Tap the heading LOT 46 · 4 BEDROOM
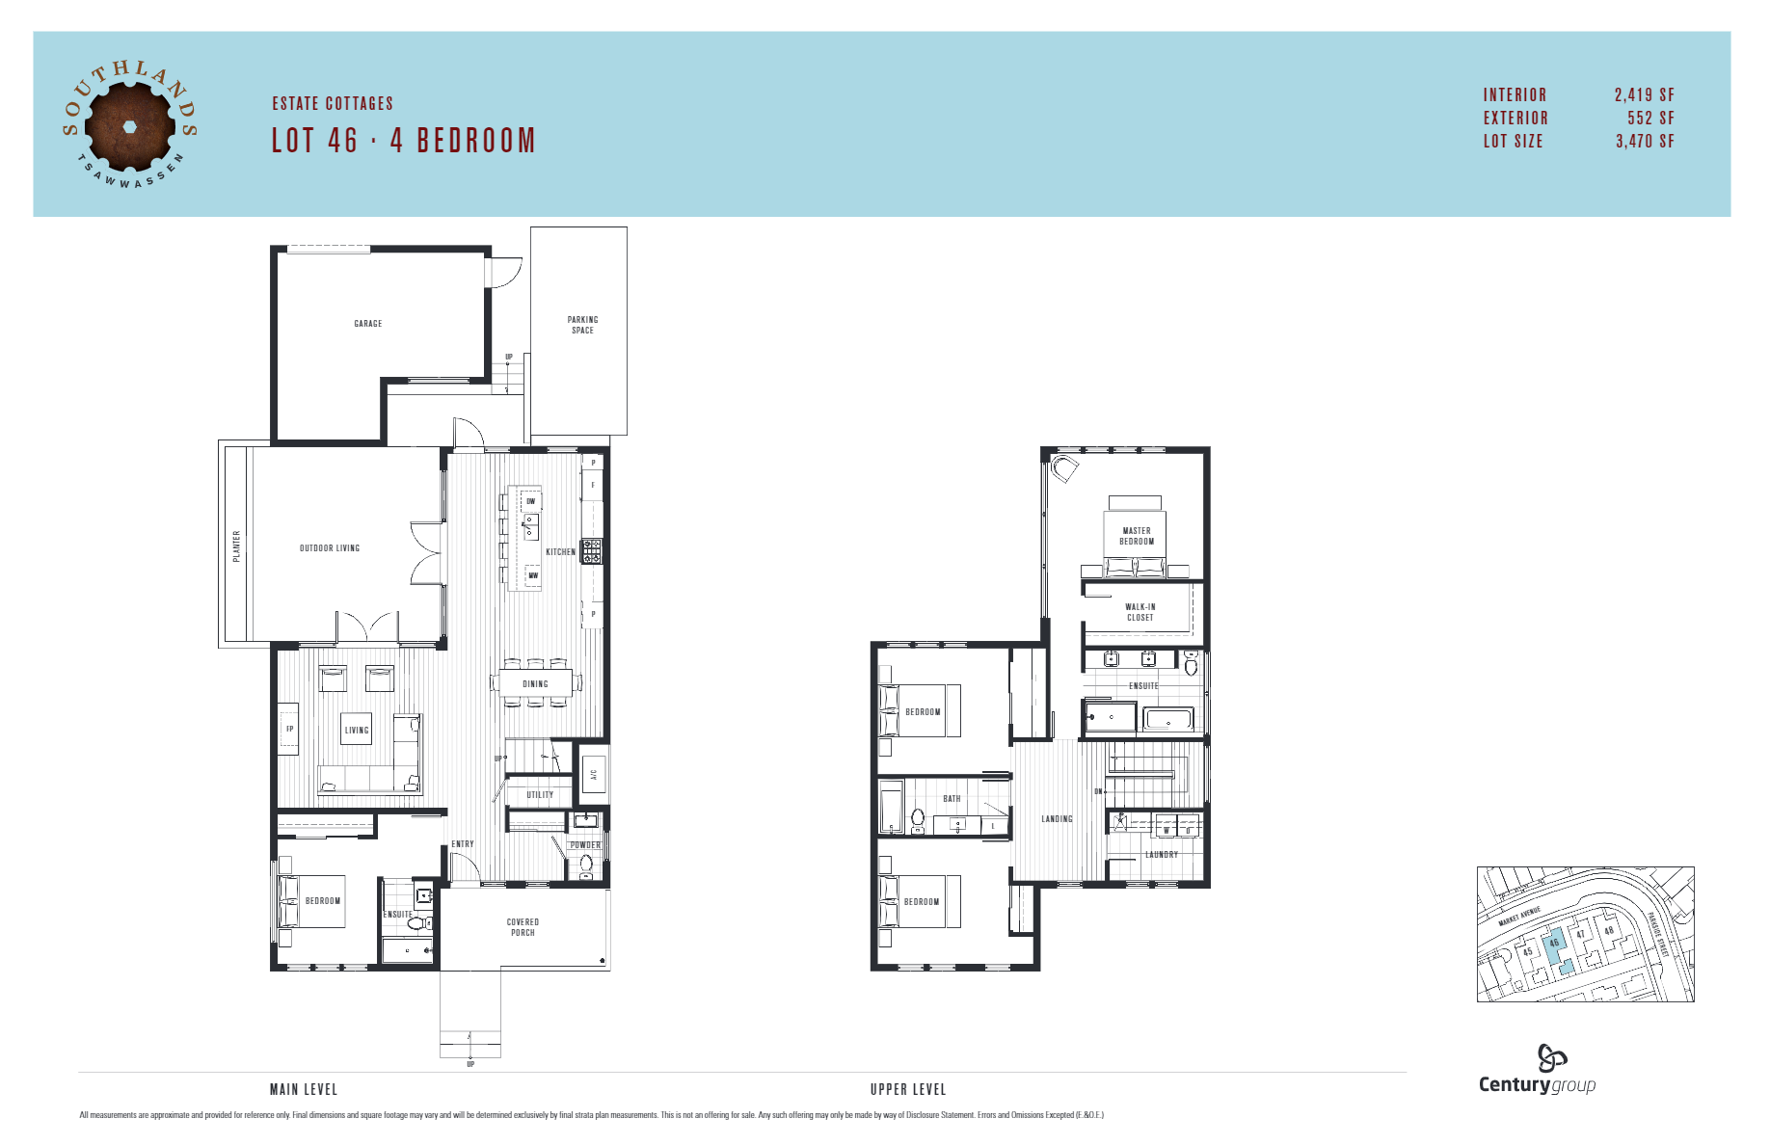click(x=403, y=141)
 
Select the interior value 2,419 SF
click(x=1644, y=94)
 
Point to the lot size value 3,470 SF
click(x=1645, y=141)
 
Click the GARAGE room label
click(x=367, y=324)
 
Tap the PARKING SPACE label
click(x=582, y=325)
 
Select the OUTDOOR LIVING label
click(x=329, y=548)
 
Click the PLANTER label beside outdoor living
click(x=236, y=546)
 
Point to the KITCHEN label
click(x=560, y=552)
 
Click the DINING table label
click(x=535, y=684)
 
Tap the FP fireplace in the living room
click(x=289, y=730)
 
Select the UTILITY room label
click(x=540, y=795)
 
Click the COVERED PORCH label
click(x=523, y=927)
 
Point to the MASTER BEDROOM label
click(x=1136, y=536)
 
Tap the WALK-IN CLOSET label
click(x=1140, y=612)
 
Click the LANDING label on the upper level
click(x=1057, y=819)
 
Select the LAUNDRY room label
click(x=1161, y=855)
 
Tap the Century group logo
click(x=1537, y=1070)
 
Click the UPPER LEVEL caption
click(x=907, y=1089)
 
